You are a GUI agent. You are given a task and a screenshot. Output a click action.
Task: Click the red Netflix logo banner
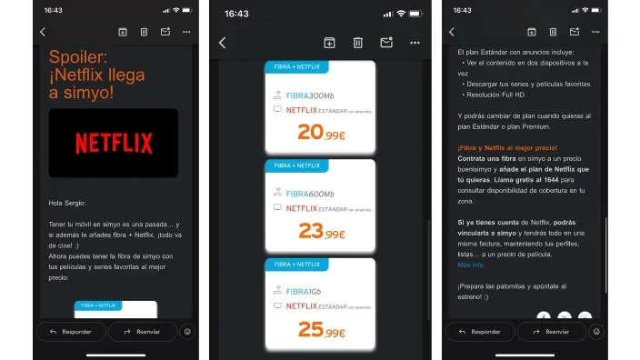(113, 143)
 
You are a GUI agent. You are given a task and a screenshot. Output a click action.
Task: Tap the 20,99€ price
(321, 133)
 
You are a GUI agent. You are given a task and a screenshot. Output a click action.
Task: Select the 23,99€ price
(321, 231)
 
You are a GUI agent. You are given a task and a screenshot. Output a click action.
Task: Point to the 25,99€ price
(321, 329)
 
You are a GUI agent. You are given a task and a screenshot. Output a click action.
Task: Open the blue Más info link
(471, 265)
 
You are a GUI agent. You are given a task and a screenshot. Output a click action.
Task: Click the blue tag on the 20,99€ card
(295, 66)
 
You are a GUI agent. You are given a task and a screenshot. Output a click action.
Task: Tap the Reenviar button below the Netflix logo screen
(143, 332)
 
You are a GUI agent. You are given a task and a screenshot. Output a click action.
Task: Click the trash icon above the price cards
(358, 42)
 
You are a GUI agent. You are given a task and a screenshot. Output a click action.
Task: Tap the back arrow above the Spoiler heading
(42, 32)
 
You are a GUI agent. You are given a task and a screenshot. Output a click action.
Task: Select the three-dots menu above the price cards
(415, 42)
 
